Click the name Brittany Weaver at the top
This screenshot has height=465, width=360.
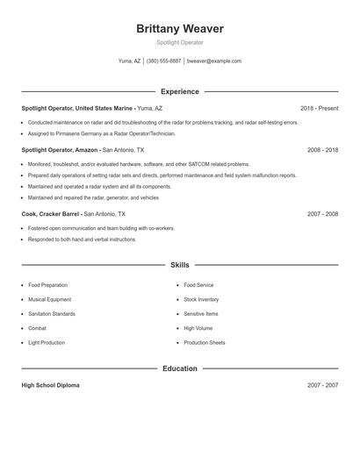(x=179, y=29)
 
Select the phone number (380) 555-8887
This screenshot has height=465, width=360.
(x=163, y=61)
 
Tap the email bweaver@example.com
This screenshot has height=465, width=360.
(x=215, y=61)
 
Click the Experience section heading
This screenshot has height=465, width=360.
(x=179, y=91)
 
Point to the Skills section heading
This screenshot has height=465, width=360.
(x=179, y=264)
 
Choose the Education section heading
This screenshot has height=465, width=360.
(x=179, y=368)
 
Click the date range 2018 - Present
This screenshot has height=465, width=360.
(x=319, y=108)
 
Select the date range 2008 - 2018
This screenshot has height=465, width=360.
(x=322, y=150)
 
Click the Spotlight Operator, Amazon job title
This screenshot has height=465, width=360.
(x=60, y=150)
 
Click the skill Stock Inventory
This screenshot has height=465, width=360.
(x=202, y=299)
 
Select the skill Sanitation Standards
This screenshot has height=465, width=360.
(x=52, y=313)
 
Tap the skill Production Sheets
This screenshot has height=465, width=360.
(x=205, y=342)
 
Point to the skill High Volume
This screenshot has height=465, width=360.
(x=198, y=328)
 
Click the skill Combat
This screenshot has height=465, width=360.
(x=38, y=328)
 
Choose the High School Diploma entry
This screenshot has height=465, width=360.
(x=50, y=385)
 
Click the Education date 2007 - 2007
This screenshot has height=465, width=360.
(x=322, y=385)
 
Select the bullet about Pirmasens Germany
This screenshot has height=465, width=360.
(x=102, y=133)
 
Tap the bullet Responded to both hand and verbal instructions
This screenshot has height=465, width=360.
(x=82, y=239)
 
